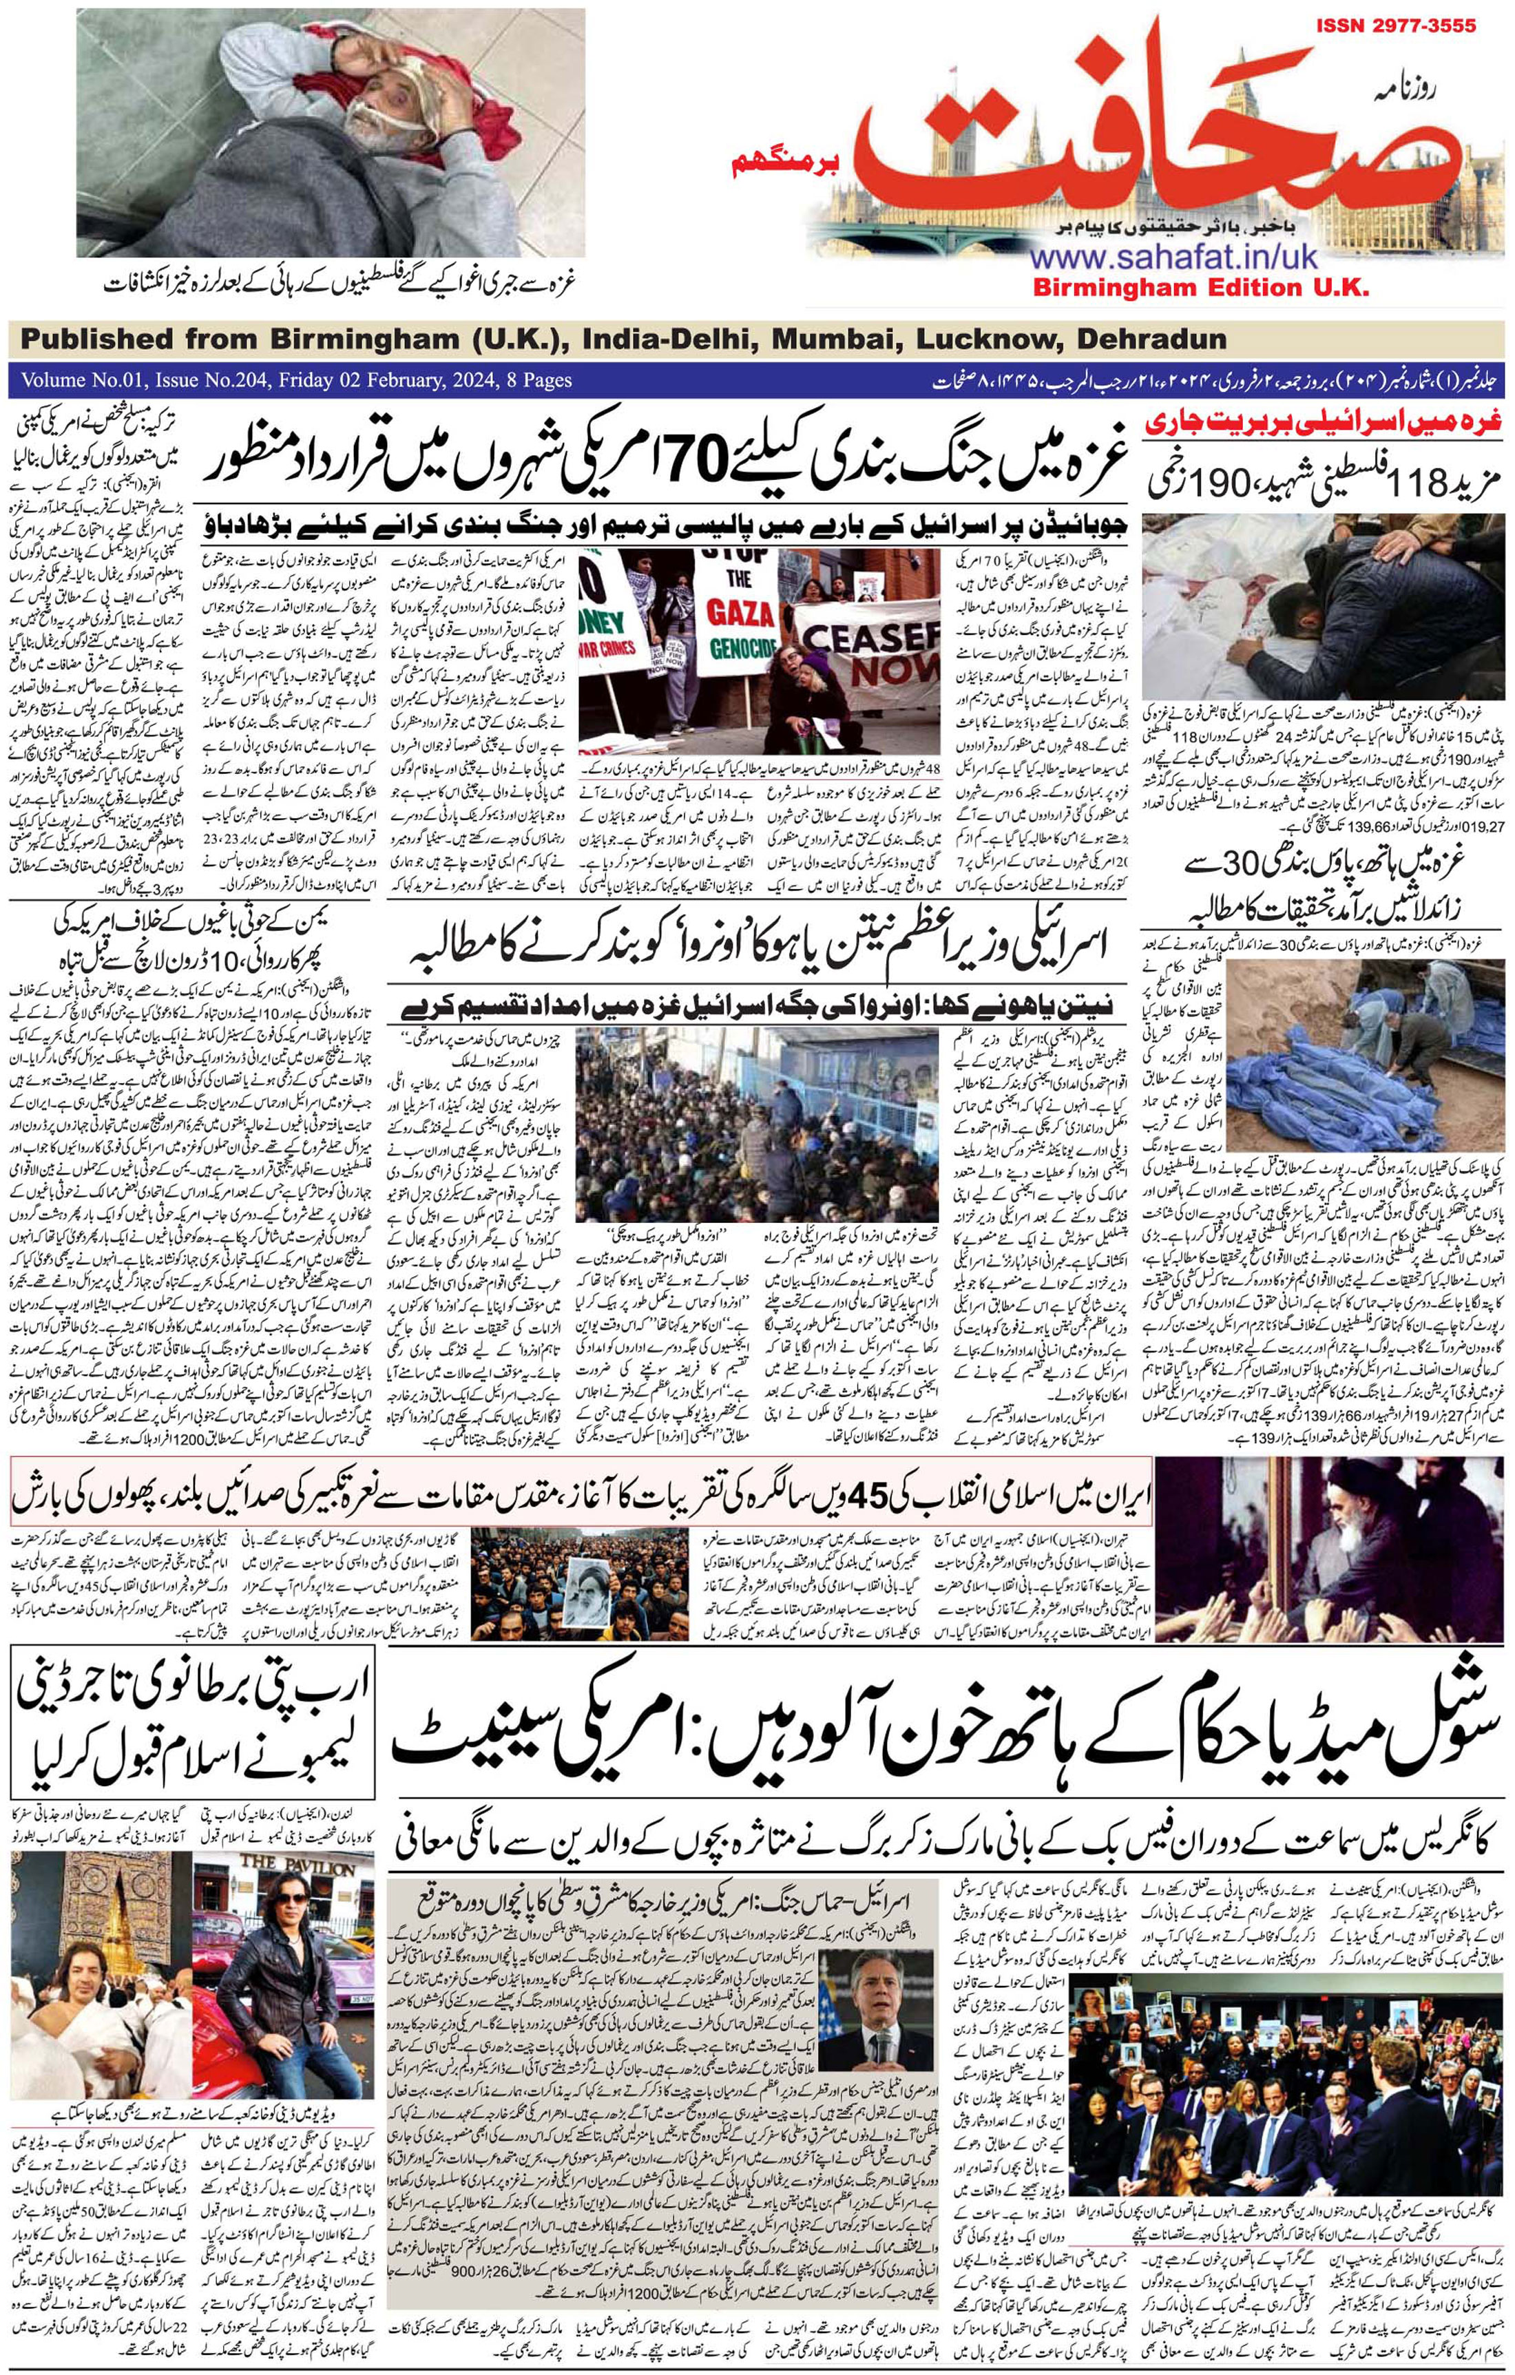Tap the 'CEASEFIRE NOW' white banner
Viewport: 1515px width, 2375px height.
(868, 650)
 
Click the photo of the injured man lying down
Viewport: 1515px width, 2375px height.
(331, 128)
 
